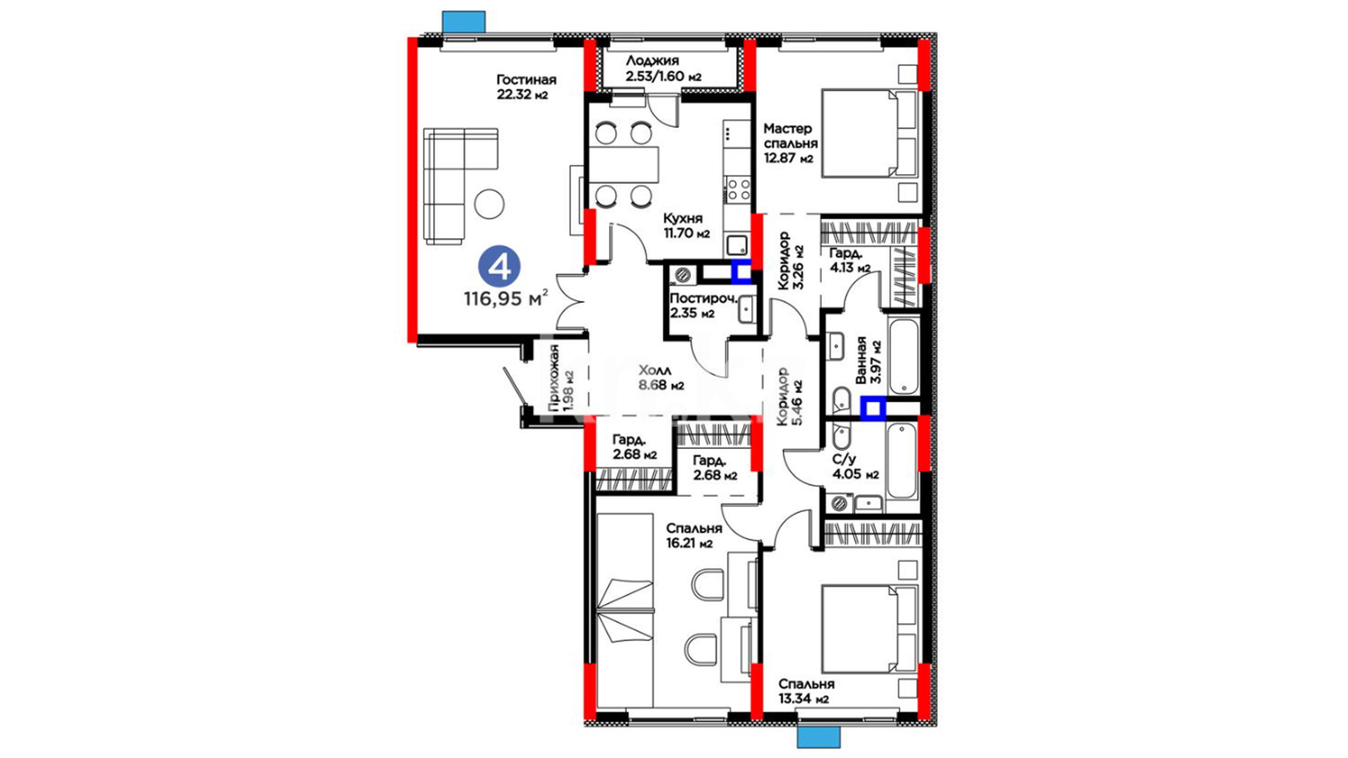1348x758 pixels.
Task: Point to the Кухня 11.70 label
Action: click(x=686, y=226)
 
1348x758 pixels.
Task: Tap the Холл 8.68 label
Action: click(x=661, y=378)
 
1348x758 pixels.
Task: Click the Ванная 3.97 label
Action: click(x=868, y=360)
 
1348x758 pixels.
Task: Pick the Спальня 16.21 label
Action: click(x=694, y=536)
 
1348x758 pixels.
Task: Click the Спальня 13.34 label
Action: click(x=806, y=691)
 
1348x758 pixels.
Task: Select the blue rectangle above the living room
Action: click(x=464, y=22)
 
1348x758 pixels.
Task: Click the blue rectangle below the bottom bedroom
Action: click(x=819, y=737)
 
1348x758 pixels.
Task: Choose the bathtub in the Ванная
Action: click(x=904, y=357)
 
